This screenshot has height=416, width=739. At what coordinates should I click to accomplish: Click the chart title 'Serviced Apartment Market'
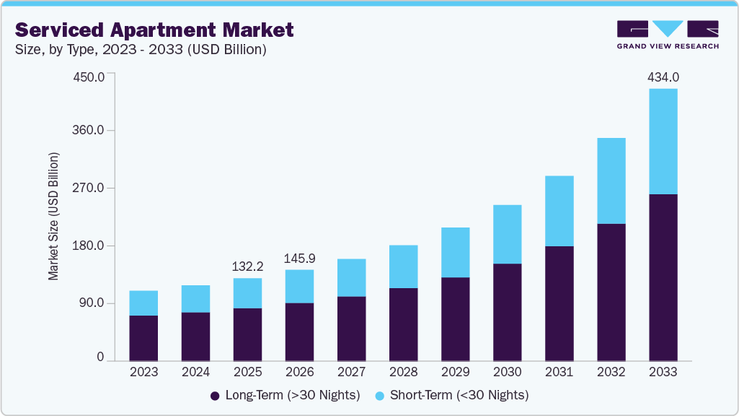tap(154, 30)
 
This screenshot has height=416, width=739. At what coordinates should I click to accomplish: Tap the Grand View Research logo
tap(667, 34)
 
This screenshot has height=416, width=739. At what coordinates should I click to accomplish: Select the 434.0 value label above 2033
tap(663, 77)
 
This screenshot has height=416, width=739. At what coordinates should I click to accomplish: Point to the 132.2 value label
tap(247, 266)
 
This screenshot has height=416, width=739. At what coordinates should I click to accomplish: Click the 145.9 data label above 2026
tap(299, 258)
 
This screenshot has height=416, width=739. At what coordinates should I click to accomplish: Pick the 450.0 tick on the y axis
tap(90, 77)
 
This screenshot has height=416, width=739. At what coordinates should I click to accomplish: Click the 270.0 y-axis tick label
tap(90, 188)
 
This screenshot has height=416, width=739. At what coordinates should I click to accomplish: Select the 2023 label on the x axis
tap(143, 372)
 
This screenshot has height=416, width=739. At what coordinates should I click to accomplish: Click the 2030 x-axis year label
tap(507, 372)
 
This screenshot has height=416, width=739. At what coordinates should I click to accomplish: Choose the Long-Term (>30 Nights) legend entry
tap(285, 395)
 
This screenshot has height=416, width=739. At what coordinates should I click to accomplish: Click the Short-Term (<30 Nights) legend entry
tap(451, 395)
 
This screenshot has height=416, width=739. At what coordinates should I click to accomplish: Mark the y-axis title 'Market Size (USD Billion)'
tap(54, 217)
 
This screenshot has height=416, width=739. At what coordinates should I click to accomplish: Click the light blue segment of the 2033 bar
tap(663, 141)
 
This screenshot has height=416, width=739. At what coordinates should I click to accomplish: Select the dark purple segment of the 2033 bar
tap(663, 277)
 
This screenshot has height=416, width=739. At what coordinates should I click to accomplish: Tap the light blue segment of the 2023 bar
tap(143, 303)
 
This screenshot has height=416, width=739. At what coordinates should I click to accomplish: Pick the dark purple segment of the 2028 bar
tap(403, 324)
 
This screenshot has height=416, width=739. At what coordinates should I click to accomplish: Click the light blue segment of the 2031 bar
tap(559, 211)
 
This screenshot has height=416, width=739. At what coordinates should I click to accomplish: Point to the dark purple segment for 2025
tap(247, 334)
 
